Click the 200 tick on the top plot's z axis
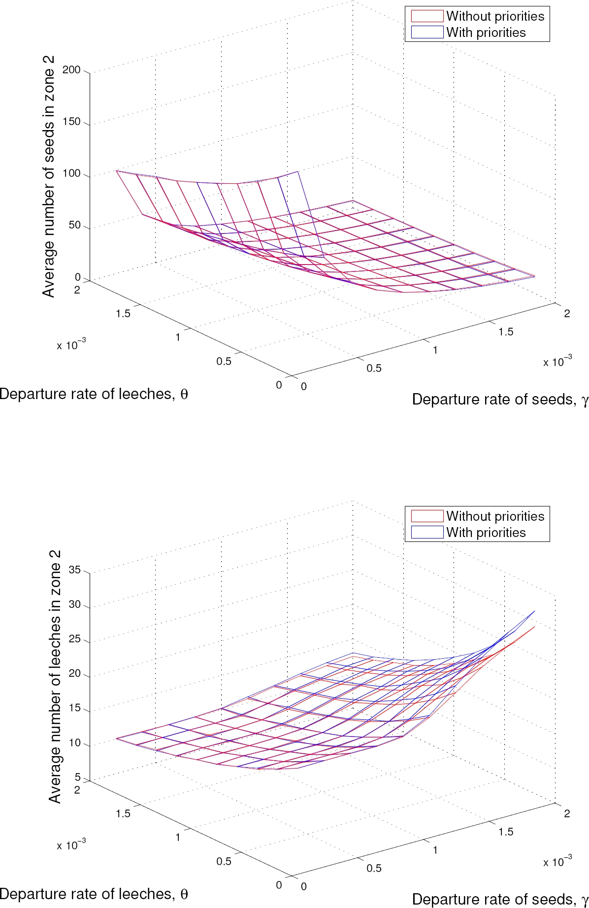coord(71,70)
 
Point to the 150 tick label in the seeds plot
coord(71,122)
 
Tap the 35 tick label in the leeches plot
coord(74,570)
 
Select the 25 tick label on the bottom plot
coord(74,639)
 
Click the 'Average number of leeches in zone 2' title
coord(55,676)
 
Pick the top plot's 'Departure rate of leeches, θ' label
coord(94,394)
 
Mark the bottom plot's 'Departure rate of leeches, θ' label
coord(94,894)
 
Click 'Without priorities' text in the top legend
coord(495,16)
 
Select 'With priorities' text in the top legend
coord(486,33)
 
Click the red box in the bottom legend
coord(427,516)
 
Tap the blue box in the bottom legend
coord(427,532)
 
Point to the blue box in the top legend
coord(427,33)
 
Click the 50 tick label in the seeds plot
coord(74,225)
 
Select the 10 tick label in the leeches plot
coord(74,743)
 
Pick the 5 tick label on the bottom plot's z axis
coord(77,777)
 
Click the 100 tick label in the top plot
coord(71,173)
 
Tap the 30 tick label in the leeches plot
coord(74,605)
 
